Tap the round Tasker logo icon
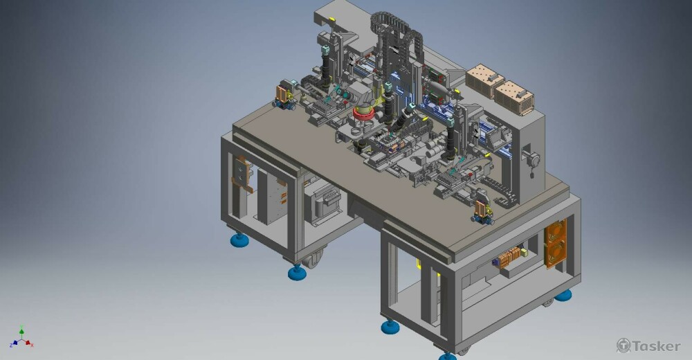coord(623,345)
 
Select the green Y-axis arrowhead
coord(21,330)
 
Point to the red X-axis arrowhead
coord(28,342)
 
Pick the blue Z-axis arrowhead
coord(15,342)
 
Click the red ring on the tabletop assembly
coord(364,114)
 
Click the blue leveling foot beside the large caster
coord(297,272)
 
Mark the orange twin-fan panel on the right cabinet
coord(555,244)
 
